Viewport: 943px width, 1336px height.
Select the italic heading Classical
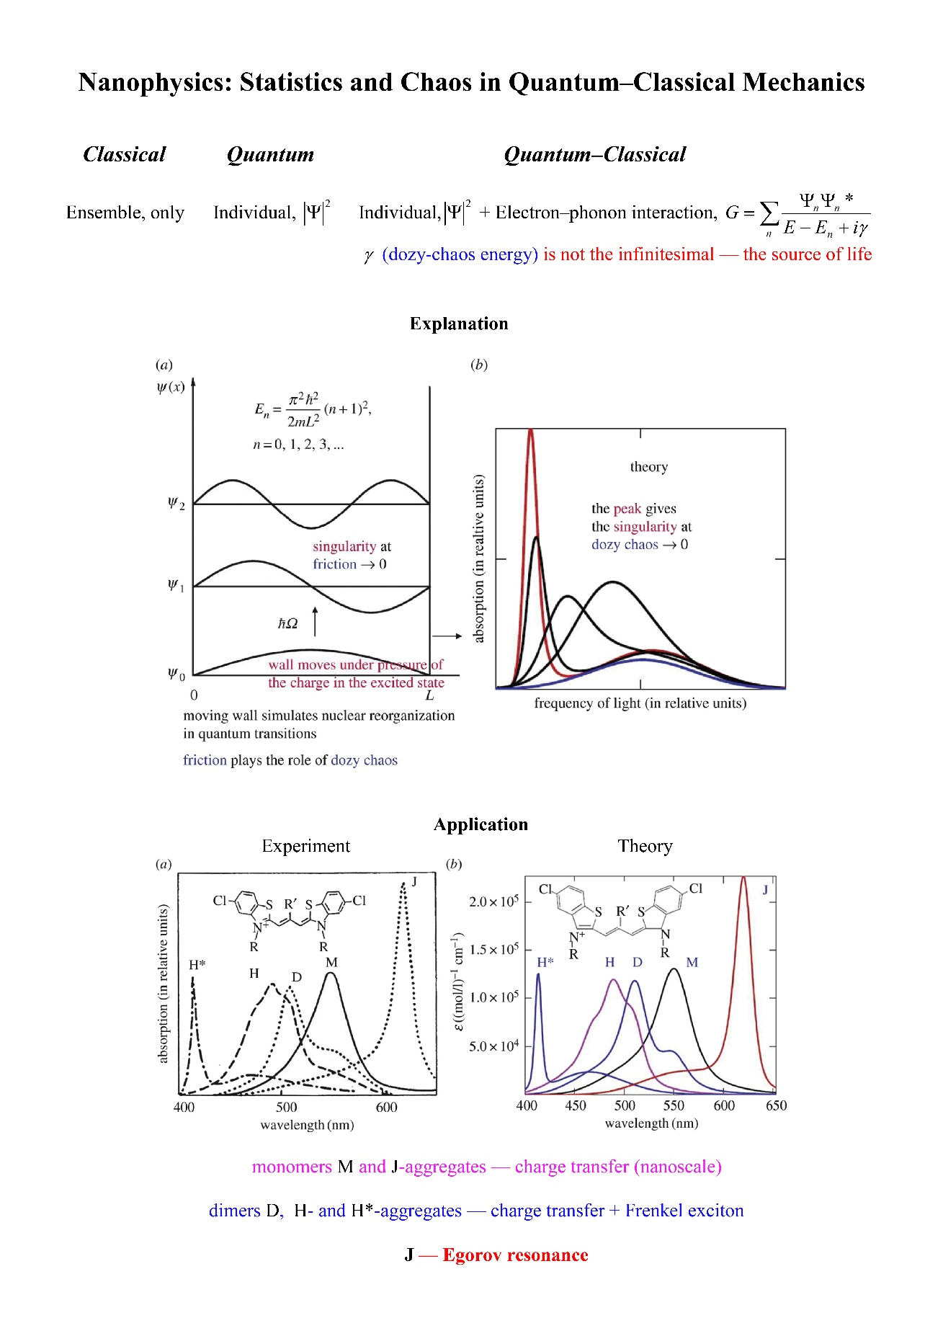125,154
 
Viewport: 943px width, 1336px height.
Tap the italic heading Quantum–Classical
595,154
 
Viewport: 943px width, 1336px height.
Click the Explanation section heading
459,324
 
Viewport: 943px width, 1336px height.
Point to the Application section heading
481,824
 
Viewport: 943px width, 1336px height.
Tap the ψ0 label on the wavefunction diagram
176,674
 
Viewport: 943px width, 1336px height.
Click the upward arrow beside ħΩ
315,622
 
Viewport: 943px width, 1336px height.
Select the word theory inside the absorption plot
649,467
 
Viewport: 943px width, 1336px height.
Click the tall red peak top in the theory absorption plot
531,431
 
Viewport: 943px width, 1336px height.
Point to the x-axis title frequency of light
640,703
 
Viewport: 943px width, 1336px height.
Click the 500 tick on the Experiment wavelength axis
286,1107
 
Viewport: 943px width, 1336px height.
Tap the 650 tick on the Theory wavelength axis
776,1105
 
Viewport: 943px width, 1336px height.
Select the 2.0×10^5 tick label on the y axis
493,901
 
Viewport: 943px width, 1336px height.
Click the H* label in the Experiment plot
197,964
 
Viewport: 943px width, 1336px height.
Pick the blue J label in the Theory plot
765,890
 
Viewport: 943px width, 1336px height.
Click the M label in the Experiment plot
331,962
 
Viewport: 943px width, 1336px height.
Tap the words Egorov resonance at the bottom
515,1255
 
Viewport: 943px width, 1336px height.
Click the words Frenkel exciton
684,1210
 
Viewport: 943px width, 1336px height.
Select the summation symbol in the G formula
769,213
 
